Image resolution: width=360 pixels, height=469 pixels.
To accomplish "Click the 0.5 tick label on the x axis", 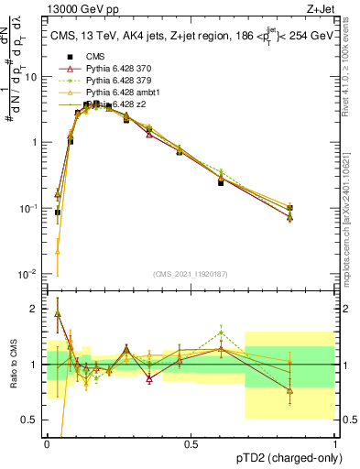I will (191, 443).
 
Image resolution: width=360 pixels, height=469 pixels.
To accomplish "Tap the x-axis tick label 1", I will (334, 443).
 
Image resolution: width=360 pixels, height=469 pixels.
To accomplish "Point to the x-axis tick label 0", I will (47, 443).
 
